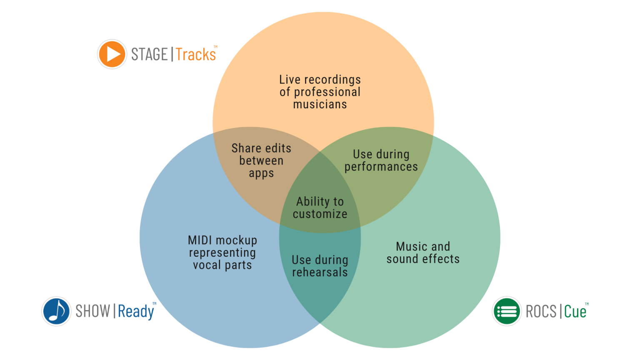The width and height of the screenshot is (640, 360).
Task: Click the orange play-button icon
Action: coord(112,54)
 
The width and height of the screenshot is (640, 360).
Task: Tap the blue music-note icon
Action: coord(56,311)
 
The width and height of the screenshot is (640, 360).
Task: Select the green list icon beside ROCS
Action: coord(507,311)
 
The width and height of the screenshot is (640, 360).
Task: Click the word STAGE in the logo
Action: coord(149,54)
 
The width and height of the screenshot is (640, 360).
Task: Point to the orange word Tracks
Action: coord(196,54)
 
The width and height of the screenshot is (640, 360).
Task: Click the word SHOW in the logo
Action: coord(92,311)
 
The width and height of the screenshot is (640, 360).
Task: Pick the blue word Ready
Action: coord(136,312)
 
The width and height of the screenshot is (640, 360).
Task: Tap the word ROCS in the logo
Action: coord(541,311)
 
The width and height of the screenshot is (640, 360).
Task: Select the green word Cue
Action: coord(575,311)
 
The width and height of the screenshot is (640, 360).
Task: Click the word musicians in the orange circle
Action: coord(320,104)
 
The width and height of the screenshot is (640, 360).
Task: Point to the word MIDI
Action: coord(200,240)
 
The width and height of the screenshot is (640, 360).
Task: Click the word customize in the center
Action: coord(320,214)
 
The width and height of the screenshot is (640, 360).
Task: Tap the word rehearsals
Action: coord(320,272)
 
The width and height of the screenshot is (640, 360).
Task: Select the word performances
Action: coord(381,167)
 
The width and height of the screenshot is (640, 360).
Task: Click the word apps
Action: coord(261,173)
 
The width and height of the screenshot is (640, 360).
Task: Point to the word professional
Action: coord(327,92)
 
